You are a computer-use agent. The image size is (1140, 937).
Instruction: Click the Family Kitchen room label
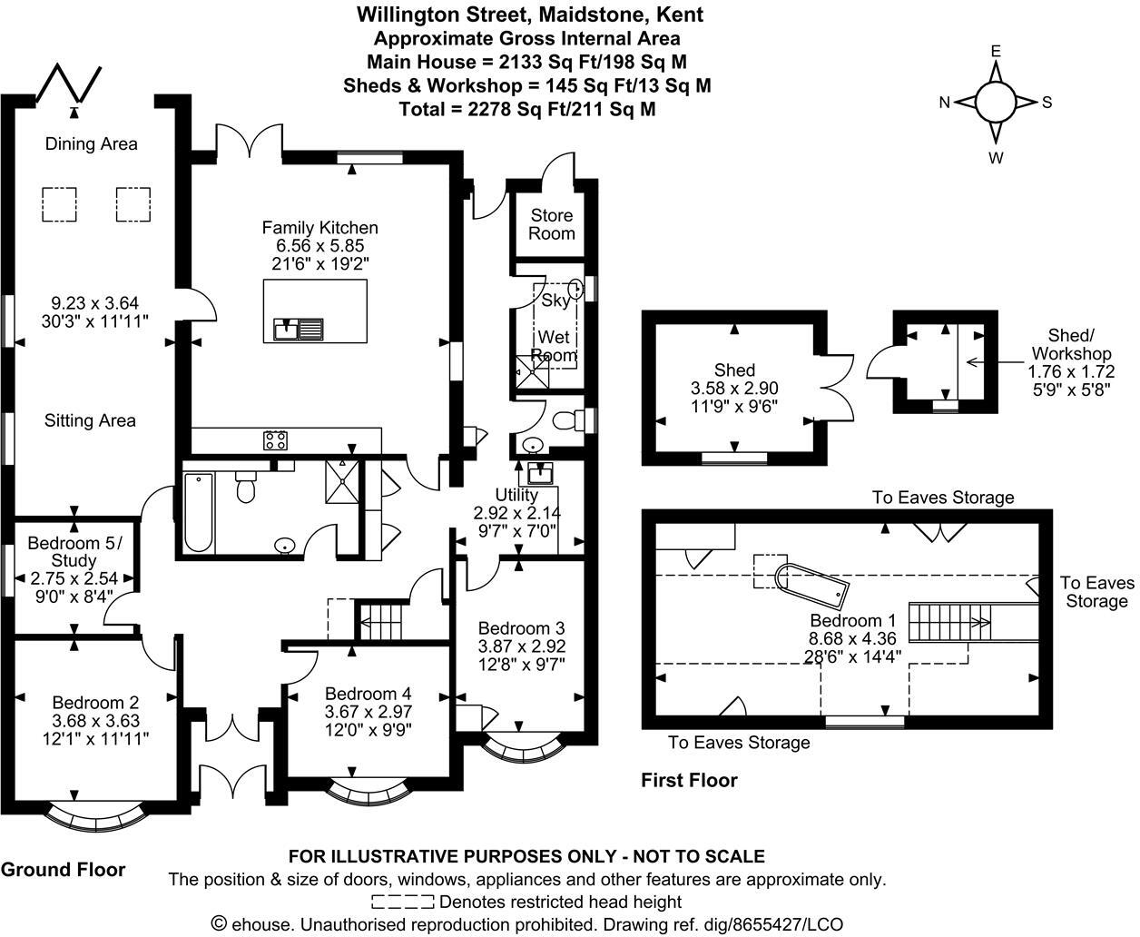pos(320,228)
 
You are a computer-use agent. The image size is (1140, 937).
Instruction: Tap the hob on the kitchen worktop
pos(275,440)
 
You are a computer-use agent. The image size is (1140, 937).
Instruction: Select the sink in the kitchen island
pos(299,329)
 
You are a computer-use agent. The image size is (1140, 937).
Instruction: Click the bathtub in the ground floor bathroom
pos(199,512)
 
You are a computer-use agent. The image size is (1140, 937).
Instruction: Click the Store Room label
pos(551,224)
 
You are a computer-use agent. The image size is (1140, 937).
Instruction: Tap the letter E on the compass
pos(996,52)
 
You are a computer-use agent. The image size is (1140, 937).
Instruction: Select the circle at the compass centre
pos(996,102)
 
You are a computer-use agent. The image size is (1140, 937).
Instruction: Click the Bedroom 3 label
pos(521,627)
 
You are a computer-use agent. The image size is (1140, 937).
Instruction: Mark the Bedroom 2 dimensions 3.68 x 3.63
pos(95,721)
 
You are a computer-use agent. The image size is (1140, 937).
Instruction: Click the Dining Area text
pos(92,143)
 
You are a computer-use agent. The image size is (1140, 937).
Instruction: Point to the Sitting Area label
pos(90,420)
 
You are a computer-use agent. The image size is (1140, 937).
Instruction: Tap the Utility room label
pos(516,495)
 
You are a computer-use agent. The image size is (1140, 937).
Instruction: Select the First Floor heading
pos(689,781)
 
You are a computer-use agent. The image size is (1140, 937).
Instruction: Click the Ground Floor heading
pos(63,870)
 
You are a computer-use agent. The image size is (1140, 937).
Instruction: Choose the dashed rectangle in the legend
pos(403,902)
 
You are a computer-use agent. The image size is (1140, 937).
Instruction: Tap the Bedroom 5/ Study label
pos(74,551)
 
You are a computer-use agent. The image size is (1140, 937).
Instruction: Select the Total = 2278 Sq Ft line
pos(527,109)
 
